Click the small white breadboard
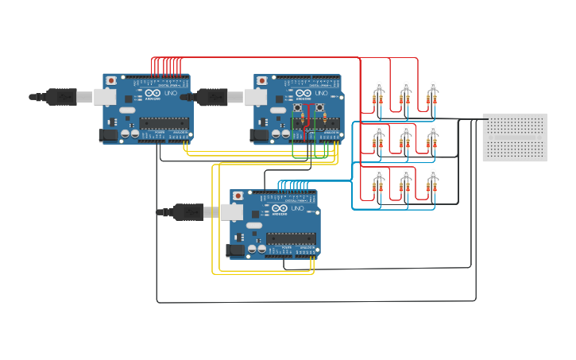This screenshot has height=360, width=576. tap(514, 137)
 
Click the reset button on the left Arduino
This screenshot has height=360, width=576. tap(111, 81)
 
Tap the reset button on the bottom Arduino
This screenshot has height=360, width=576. tap(238, 196)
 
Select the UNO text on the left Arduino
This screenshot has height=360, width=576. tap(170, 94)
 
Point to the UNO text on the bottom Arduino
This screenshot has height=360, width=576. tap(297, 208)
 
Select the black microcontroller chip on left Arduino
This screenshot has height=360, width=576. tap(164, 123)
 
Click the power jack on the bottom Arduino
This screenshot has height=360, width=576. tap(235, 250)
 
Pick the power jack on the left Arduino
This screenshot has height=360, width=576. tap(108, 136)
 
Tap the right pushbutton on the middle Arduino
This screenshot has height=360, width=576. tap(320, 107)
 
